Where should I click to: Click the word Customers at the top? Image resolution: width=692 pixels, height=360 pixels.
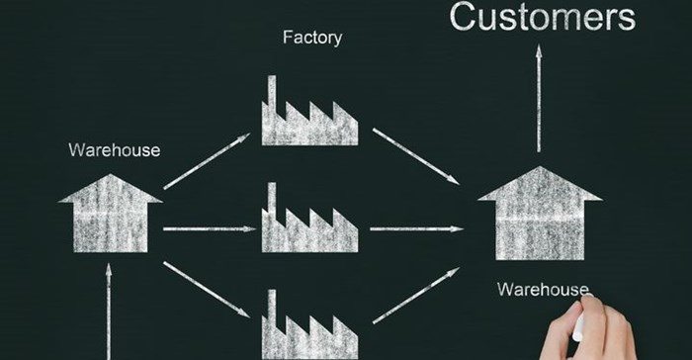click(542, 17)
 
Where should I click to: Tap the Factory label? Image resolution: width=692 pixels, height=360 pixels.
click(312, 39)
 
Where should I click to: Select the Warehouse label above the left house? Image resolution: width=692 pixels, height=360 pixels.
click(114, 150)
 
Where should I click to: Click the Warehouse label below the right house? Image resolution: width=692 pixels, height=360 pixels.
click(543, 290)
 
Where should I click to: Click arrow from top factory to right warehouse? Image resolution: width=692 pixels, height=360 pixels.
click(415, 155)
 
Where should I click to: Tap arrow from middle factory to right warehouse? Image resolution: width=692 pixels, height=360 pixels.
click(415, 231)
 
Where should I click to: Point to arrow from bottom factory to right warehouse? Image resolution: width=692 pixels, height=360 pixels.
click(415, 297)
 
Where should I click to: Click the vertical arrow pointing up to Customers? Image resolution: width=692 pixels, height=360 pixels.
click(539, 99)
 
